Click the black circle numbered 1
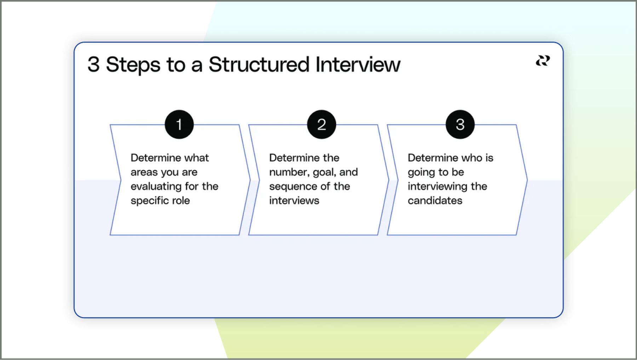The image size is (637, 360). coord(179,124)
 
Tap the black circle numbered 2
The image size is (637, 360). coord(321,124)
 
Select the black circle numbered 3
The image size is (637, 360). coord(460,124)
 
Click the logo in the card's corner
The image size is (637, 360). coord(543,61)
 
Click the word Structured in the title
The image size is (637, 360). coord(259,64)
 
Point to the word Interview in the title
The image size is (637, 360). coord(358,64)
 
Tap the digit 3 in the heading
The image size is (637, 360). coord(93,64)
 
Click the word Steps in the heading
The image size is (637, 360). coord(133,65)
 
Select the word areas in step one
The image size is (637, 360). coord(144,172)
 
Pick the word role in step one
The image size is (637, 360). coord(181,201)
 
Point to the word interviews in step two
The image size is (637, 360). coord(294,201)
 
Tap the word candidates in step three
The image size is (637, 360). coord(435,201)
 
